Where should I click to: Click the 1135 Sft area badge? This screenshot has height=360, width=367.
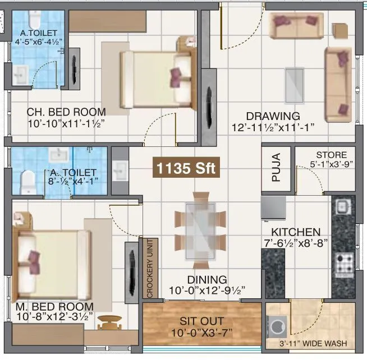(186, 167)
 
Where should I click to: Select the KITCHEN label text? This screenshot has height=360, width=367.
(296, 232)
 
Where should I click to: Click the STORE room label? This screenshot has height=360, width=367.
(331, 155)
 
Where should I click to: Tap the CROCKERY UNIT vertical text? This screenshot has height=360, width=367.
(149, 268)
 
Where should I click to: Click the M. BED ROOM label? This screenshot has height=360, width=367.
(54, 307)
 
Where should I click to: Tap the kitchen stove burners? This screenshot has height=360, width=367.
(343, 261)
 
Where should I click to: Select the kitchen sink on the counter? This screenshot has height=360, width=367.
(342, 207)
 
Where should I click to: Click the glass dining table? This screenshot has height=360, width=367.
(199, 230)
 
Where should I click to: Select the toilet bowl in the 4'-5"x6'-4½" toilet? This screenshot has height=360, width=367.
(31, 20)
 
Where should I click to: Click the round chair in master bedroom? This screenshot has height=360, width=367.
(110, 321)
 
